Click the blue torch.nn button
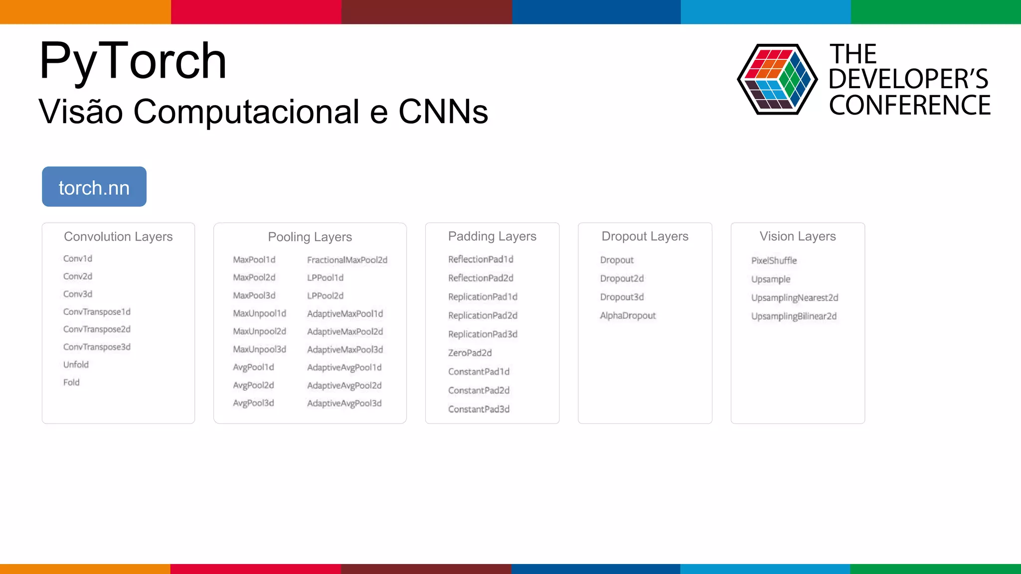coord(94,187)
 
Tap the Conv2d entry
coord(78,277)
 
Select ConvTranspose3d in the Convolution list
coord(97,347)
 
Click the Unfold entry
coord(76,365)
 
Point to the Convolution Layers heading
coord(118,237)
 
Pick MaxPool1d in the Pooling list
coord(254,260)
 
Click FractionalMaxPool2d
coord(347,260)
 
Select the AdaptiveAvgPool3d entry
coord(344,403)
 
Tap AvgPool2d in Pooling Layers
coord(253,385)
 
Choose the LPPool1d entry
coord(325,278)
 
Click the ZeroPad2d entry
coord(470,353)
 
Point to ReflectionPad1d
coord(481,260)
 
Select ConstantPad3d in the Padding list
coord(479,409)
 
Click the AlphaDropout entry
coord(628,316)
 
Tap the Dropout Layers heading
coord(645,237)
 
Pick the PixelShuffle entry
coord(774,261)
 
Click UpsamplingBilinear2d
coord(794,316)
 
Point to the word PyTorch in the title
coord(133,61)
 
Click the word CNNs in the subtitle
coord(443,112)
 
